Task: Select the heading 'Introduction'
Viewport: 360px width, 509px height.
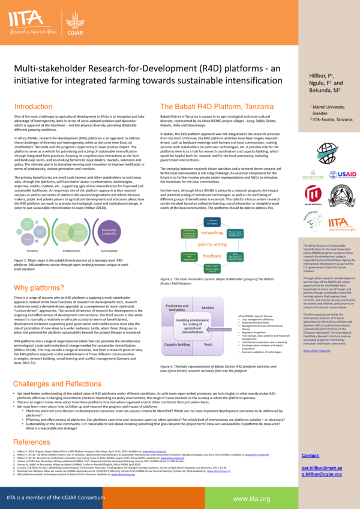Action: [33, 106]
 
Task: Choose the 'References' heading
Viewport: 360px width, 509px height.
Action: [32, 442]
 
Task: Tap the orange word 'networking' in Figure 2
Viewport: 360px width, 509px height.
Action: [212, 232]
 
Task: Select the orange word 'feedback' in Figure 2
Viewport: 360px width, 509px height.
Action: [212, 256]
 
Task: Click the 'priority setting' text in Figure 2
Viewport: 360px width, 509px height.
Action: [212, 244]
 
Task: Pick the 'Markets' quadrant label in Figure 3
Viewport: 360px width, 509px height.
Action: [208, 307]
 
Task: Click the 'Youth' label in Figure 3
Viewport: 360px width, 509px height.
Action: [208, 345]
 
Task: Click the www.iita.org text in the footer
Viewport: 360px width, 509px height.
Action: [250, 498]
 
